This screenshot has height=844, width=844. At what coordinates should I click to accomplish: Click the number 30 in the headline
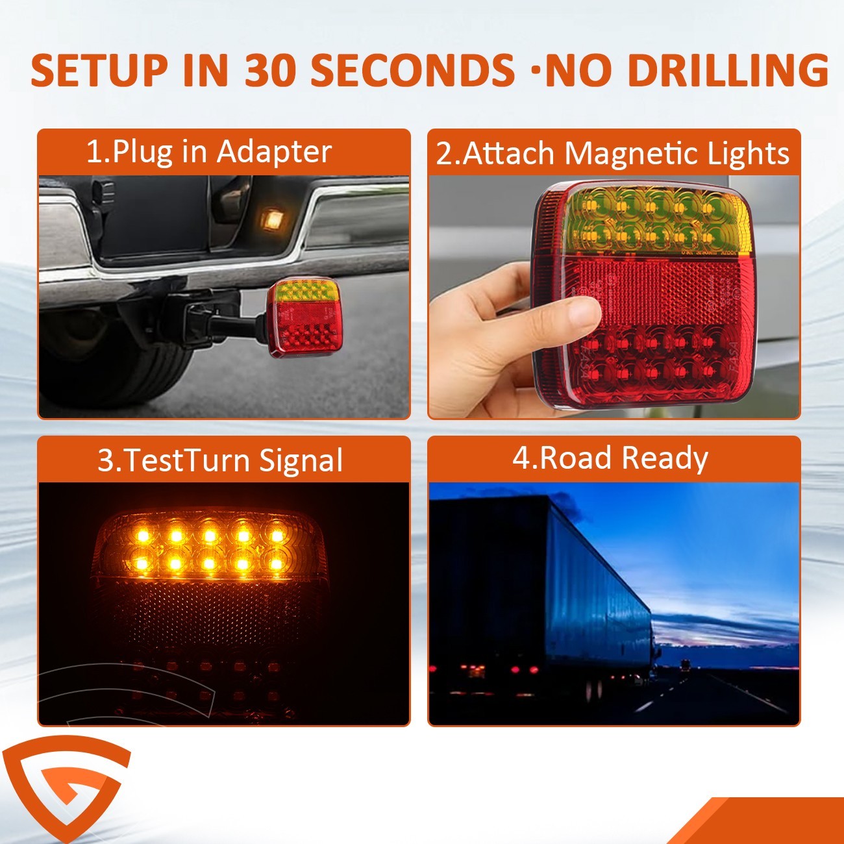click(x=267, y=69)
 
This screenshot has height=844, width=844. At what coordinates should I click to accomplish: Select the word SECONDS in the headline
click(x=412, y=69)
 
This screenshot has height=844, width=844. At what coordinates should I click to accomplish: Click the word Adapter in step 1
click(x=274, y=153)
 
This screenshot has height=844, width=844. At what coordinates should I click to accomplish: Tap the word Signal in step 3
click(x=301, y=461)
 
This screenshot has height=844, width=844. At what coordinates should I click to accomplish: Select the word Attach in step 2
click(x=508, y=153)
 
